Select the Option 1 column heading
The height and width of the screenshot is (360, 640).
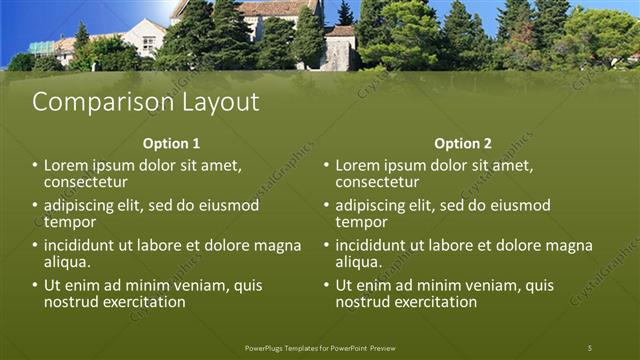[x=171, y=143]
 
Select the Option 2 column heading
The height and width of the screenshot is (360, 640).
[x=463, y=143]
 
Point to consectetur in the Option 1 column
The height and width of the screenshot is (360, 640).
[x=85, y=182]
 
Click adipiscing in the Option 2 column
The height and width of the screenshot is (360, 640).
[x=377, y=205]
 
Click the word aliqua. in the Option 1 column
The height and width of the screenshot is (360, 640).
[x=67, y=262]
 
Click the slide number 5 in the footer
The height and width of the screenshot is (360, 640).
[x=589, y=348]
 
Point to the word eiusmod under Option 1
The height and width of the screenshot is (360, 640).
[x=229, y=205]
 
